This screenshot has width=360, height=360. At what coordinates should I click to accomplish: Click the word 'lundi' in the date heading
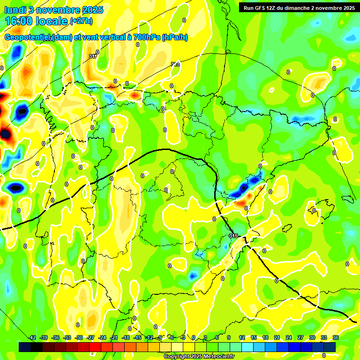tap(14, 10)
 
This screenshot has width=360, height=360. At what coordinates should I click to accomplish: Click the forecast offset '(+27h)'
tap(81, 21)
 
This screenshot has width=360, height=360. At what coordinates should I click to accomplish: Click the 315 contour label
tap(233, 235)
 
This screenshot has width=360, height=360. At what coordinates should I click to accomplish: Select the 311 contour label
tap(92, 57)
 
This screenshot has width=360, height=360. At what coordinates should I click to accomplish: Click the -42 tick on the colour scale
tap(32, 337)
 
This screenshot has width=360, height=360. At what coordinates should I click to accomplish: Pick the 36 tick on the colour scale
tap(335, 337)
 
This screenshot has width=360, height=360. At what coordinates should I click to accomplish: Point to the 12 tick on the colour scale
tap(241, 337)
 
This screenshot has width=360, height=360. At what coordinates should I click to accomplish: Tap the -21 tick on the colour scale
tap(114, 337)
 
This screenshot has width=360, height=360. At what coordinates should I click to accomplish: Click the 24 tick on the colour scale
tap(288, 337)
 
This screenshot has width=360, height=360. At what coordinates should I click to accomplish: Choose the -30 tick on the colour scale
tap(79, 337)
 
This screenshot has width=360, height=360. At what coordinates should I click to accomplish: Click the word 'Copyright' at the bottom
tap(177, 357)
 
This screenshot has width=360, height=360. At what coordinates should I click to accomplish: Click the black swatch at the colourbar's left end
tap(25, 347)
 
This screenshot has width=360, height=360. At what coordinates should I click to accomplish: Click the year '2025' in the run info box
tap(348, 8)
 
